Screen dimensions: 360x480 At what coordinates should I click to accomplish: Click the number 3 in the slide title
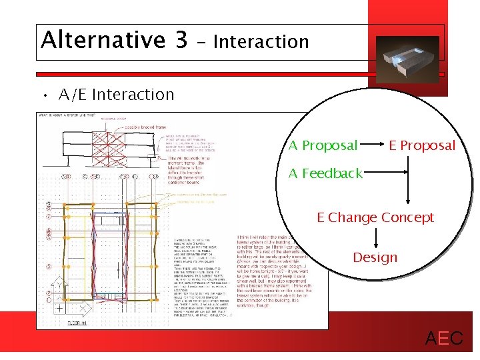click(181, 40)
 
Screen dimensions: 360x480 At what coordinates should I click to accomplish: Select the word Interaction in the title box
click(261, 42)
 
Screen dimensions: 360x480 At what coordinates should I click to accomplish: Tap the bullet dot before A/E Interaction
click(45, 95)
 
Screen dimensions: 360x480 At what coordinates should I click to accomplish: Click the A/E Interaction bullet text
click(116, 95)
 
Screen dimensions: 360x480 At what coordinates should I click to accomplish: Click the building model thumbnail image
click(407, 58)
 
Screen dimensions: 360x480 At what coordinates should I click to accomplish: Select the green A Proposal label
click(323, 145)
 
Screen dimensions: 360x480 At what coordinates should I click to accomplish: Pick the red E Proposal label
click(422, 145)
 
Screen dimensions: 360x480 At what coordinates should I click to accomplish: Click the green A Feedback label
click(325, 173)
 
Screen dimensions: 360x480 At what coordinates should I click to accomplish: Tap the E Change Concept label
click(375, 217)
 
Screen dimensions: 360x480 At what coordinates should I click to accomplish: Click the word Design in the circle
click(375, 257)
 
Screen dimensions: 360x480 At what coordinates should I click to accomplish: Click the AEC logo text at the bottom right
click(444, 338)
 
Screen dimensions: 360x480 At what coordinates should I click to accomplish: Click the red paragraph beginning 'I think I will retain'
click(269, 273)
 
